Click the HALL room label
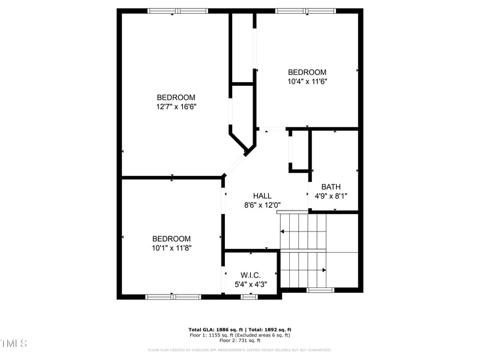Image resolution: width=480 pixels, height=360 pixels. [x=262, y=196]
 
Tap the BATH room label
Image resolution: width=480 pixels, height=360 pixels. [x=331, y=187]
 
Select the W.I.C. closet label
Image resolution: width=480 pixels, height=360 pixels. [x=251, y=275]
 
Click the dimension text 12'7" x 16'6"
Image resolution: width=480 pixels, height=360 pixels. [x=176, y=107]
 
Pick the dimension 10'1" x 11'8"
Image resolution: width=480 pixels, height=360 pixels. [x=172, y=247]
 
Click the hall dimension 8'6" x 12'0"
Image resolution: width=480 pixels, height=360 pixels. [x=262, y=205]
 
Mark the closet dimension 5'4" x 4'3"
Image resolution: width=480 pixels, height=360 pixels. [x=251, y=284]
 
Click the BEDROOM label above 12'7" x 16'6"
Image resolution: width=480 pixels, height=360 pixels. [x=176, y=97]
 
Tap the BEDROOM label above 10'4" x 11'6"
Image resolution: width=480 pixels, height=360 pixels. [x=307, y=72]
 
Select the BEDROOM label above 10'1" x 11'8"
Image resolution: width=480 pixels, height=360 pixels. [x=172, y=238]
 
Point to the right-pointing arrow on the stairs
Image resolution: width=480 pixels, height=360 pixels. [x=323, y=270]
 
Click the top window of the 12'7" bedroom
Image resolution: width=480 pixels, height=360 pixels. [x=178, y=11]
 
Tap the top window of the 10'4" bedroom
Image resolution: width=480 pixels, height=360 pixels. [x=306, y=11]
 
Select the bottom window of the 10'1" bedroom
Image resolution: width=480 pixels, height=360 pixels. [x=173, y=296]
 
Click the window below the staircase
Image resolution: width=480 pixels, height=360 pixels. [x=320, y=290]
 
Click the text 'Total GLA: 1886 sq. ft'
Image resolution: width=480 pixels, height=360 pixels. [x=215, y=330]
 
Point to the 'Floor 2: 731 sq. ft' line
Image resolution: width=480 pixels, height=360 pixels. [x=240, y=340]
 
